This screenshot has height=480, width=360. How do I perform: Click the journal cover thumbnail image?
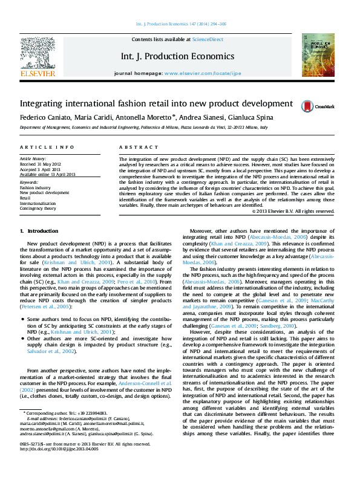[318, 55]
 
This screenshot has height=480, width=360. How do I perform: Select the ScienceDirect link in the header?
[208, 39]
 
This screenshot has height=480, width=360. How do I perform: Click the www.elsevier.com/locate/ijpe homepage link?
[202, 73]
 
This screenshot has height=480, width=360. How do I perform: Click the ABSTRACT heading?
[134, 148]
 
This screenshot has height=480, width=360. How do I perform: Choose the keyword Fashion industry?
[35, 187]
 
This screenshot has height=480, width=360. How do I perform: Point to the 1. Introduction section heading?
[39, 231]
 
